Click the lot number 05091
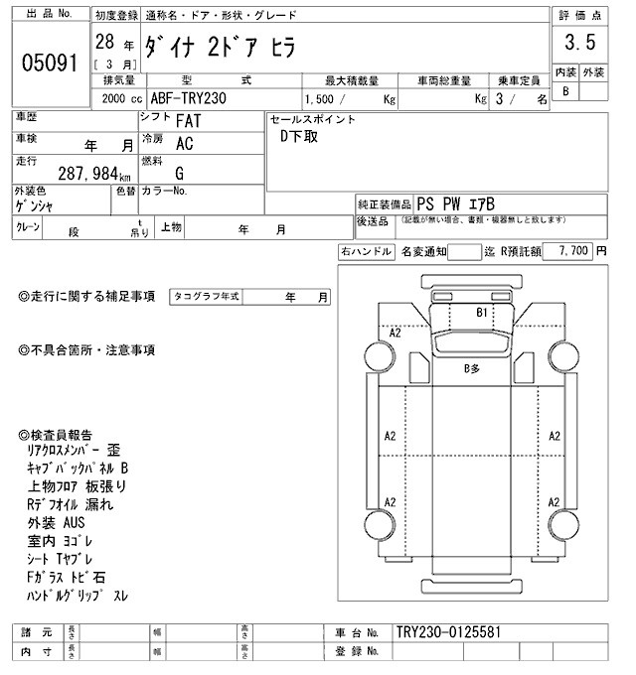click(49, 62)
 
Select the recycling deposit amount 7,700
click(575, 251)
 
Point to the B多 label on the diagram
click(472, 369)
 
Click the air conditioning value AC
click(185, 144)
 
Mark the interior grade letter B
click(565, 91)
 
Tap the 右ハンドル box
click(365, 252)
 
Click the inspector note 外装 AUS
click(58, 521)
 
